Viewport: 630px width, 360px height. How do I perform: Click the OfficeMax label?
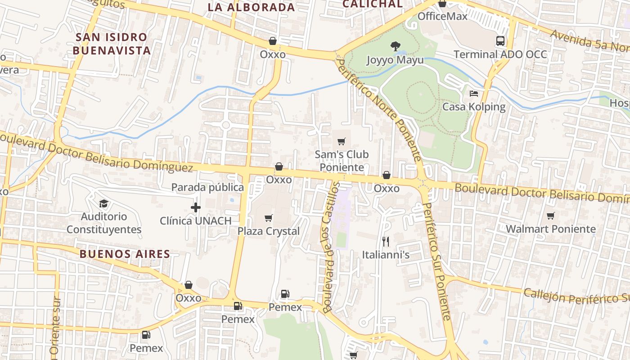coord(442,16)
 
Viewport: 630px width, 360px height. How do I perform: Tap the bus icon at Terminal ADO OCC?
coord(500,41)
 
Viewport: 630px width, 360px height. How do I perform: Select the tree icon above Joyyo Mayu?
coord(396,45)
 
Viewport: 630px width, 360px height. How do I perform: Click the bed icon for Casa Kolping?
coord(473,94)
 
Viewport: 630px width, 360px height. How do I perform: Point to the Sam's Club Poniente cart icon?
coord(342,142)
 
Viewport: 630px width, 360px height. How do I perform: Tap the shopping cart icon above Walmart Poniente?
coord(550,216)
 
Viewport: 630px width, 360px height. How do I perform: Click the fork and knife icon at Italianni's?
coord(385,242)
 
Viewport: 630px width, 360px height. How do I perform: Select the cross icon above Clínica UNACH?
coord(195,207)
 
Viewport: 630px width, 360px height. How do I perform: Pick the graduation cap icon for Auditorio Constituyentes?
coord(103,203)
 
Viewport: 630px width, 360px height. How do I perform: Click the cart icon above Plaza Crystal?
coord(269,218)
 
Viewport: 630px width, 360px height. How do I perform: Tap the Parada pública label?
coord(207,187)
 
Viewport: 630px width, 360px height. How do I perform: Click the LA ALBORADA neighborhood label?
coord(251,7)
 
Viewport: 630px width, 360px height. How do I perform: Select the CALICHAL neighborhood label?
coord(372,4)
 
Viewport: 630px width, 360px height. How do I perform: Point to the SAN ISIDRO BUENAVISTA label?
coord(112,44)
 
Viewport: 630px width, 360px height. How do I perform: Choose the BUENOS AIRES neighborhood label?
coord(125,254)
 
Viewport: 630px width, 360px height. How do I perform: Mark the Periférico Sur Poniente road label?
coord(436,261)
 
